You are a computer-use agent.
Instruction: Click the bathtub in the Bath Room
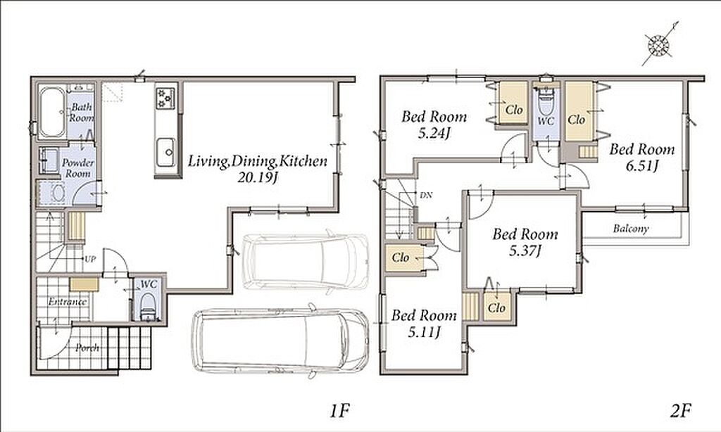tap(52, 112)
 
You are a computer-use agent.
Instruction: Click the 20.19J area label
tap(258, 178)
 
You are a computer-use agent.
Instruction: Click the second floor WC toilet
tap(546, 102)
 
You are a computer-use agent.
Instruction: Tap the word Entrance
tap(68, 302)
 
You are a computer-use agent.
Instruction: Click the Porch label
tap(87, 348)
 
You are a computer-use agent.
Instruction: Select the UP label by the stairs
tap(90, 259)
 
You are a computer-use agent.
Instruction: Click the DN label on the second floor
tap(426, 195)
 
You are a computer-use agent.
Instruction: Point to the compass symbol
tap(659, 44)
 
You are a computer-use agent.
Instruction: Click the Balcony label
tap(631, 229)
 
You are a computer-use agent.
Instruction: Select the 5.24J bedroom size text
tap(434, 134)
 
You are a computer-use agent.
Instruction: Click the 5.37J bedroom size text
tap(525, 251)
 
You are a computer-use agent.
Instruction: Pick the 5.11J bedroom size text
tap(424, 331)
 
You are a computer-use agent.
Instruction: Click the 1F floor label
tap(341, 409)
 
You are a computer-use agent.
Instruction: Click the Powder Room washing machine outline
tap(56, 193)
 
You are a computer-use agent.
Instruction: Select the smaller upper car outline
tap(306, 262)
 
